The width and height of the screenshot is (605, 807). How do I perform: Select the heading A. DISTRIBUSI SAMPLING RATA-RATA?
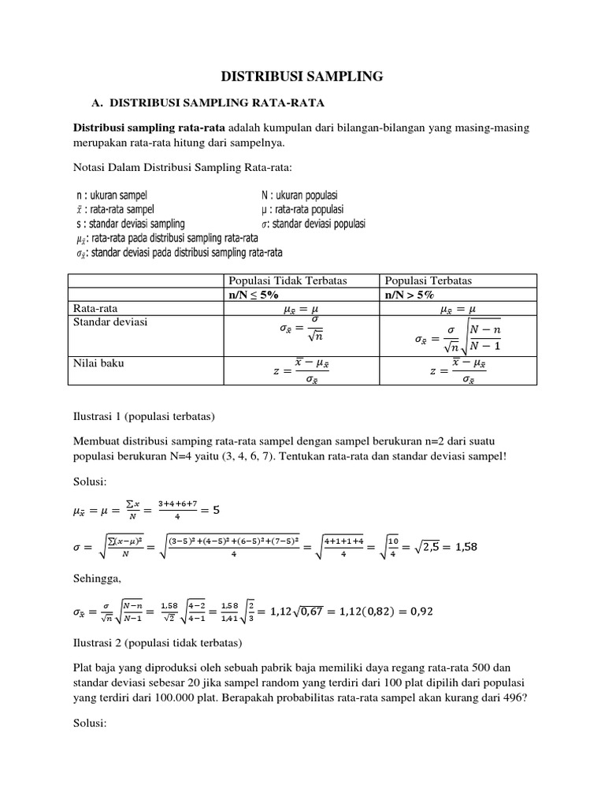[x=208, y=103]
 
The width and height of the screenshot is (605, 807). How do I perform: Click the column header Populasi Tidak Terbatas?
[x=288, y=281]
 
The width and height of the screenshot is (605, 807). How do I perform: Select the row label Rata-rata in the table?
[x=95, y=309]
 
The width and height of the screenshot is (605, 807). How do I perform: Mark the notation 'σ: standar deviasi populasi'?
[x=314, y=224]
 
